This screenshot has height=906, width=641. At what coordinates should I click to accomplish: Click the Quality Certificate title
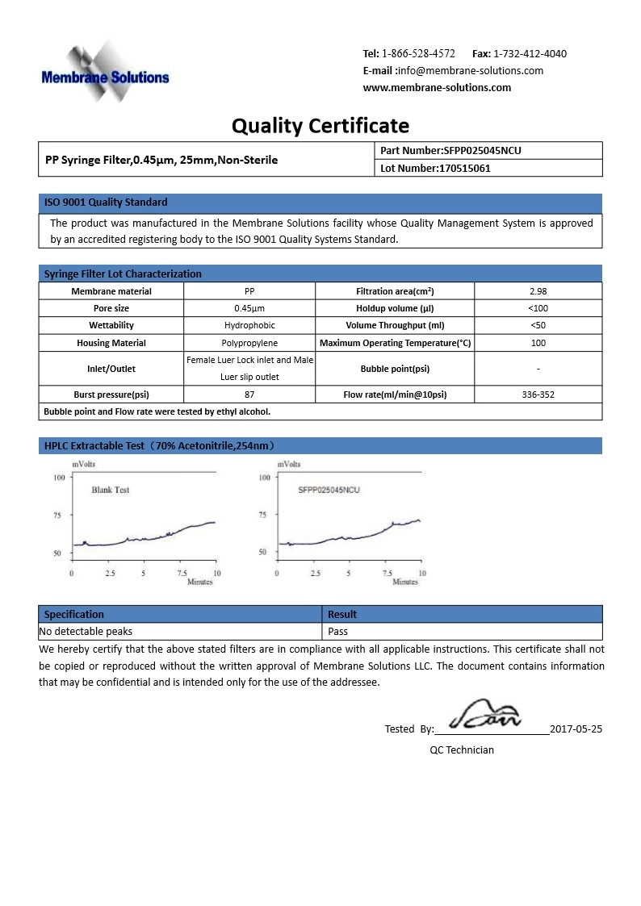(x=320, y=126)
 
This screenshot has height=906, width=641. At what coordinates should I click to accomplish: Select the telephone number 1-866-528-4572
(x=418, y=54)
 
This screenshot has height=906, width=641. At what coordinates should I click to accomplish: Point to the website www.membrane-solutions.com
(x=437, y=88)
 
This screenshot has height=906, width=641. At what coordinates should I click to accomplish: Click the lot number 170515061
(x=464, y=169)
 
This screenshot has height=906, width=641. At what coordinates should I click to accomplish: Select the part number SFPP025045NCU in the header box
(x=488, y=151)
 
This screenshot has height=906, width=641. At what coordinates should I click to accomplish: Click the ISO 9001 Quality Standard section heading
(x=106, y=202)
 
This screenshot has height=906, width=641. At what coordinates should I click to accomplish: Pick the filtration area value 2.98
(x=538, y=291)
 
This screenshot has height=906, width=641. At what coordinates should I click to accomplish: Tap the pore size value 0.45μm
(x=249, y=309)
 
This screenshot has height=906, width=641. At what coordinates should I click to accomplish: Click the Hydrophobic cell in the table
(x=249, y=326)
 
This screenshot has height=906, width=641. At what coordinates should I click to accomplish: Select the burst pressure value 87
(x=249, y=395)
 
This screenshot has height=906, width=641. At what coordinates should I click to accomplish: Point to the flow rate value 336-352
(x=538, y=395)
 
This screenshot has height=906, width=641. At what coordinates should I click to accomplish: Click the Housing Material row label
(x=111, y=344)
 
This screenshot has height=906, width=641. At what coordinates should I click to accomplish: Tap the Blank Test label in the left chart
(x=111, y=490)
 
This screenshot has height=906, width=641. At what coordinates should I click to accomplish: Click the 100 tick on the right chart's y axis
(x=264, y=478)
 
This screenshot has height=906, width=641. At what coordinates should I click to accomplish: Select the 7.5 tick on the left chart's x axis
(x=181, y=573)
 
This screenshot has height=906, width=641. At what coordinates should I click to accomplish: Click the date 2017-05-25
(x=576, y=729)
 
